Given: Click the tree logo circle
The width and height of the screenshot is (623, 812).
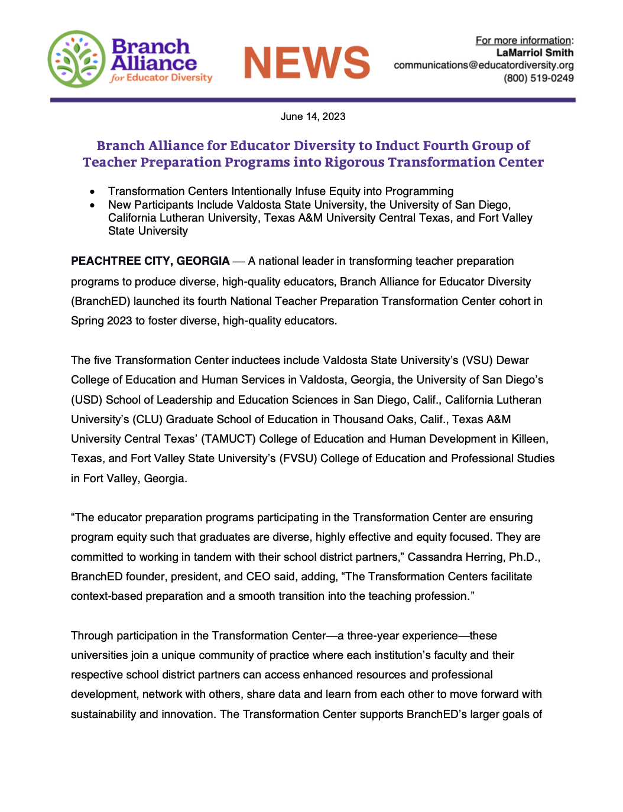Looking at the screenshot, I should click(76, 59).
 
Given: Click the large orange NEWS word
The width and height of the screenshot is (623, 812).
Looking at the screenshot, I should click(307, 63).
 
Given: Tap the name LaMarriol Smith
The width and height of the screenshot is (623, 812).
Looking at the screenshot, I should click(534, 53).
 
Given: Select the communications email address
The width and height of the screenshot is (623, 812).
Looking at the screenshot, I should click(484, 65).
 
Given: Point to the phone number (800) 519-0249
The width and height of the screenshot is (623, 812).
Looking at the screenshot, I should click(538, 78).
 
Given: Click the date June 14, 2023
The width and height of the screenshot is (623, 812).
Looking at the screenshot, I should click(313, 116).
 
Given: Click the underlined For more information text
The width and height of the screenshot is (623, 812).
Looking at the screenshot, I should click(524, 40).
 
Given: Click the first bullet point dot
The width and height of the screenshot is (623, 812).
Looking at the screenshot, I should click(92, 191).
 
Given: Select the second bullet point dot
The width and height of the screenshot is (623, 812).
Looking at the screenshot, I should click(92, 205).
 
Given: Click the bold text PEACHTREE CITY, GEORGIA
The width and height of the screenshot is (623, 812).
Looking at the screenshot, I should click(150, 261).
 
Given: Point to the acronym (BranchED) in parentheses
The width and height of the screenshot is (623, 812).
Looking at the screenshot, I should click(100, 301).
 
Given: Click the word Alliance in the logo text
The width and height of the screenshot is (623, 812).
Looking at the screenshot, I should click(154, 63).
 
